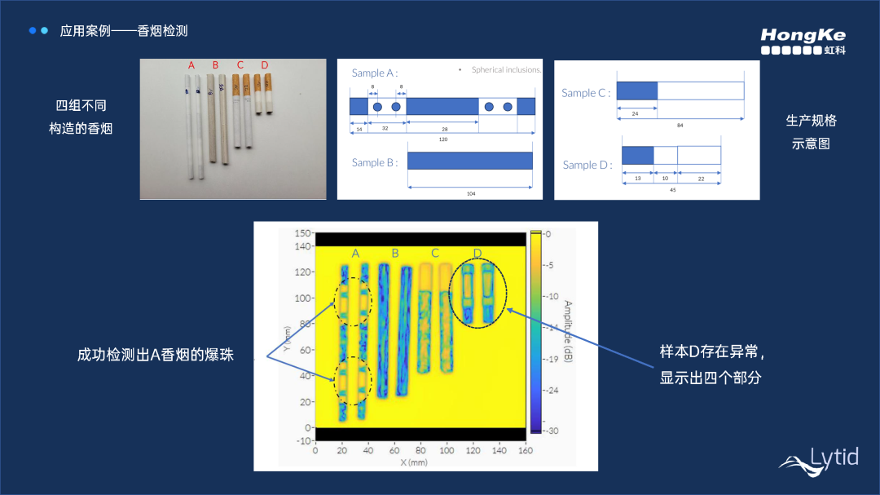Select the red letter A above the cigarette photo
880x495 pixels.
tap(191, 65)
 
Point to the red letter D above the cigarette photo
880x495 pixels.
tap(264, 65)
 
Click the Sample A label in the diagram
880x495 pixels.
tap(374, 73)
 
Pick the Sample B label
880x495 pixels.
tap(374, 162)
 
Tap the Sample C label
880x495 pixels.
tap(585, 93)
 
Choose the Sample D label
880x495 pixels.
tap(587, 165)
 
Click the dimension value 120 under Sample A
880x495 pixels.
tap(442, 139)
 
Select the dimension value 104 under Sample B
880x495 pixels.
tap(470, 194)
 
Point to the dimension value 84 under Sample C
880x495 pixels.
tap(680, 125)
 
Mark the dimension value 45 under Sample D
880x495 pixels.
tap(671, 189)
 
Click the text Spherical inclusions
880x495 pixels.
tap(506, 70)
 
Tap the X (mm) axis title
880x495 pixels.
tap(414, 462)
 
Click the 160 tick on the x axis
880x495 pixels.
tap(525, 450)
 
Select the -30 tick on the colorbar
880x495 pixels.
tap(551, 431)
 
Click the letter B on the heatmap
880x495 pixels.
tap(395, 253)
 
